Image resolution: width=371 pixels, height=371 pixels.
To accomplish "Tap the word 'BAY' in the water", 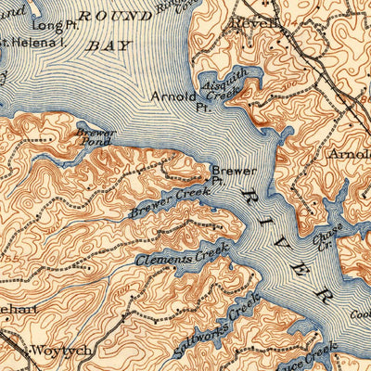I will tap(109, 44).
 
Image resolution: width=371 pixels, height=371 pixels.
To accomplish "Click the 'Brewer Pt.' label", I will tap(227, 175).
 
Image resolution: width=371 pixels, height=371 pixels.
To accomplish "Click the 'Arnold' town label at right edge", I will tap(350, 153).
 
